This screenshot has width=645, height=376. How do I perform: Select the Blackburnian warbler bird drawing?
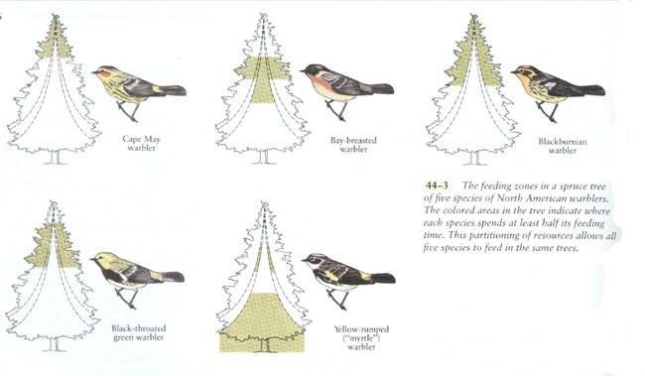pyautogui.click(x=556, y=87)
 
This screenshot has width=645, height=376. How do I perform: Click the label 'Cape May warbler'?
pyautogui.click(x=141, y=144)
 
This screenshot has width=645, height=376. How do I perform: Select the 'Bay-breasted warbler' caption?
pyautogui.click(x=353, y=145)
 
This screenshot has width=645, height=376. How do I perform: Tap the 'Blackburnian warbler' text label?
pyautogui.click(x=563, y=146)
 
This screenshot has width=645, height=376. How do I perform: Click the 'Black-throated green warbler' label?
pyautogui.click(x=138, y=332)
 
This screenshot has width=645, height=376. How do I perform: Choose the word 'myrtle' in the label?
pyautogui.click(x=362, y=338)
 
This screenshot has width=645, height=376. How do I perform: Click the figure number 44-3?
pyautogui.click(x=437, y=186)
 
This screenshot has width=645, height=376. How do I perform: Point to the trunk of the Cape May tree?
pyautogui.click(x=56, y=157)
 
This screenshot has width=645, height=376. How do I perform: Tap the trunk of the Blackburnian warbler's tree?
pyautogui.click(x=474, y=158)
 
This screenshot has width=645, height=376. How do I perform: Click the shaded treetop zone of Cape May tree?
pyautogui.click(x=56, y=41)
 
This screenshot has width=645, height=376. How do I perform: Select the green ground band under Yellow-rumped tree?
pyautogui.click(x=262, y=342)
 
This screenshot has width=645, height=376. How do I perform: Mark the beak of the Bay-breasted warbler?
pyautogui.click(x=303, y=71)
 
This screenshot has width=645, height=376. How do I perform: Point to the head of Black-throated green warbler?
pyautogui.click(x=101, y=259)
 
